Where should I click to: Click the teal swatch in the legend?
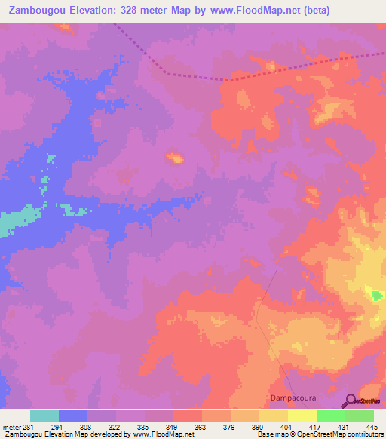pyautogui.click(x=44, y=416)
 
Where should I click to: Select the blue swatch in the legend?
pyautogui.click(x=73, y=416)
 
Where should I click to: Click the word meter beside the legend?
pyautogui.click(x=11, y=426)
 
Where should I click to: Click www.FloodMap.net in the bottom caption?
pyautogui.click(x=158, y=434)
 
